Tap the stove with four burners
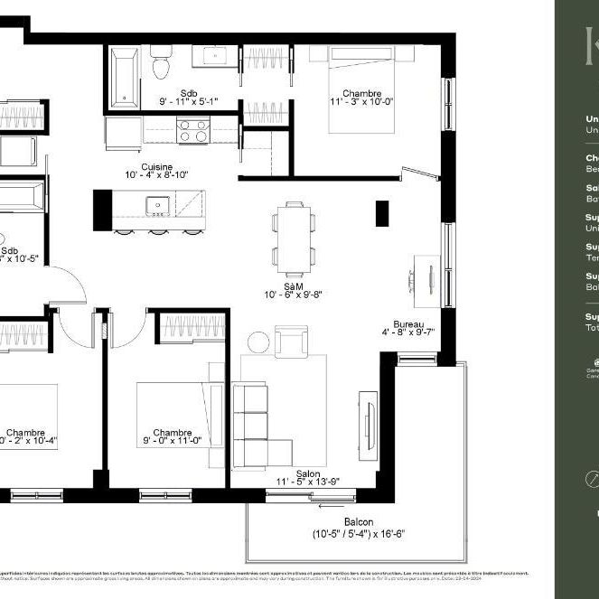point(193,132)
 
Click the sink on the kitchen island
point(159,206)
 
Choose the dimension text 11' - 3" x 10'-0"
point(361,102)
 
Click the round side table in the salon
point(258,342)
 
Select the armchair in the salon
point(292,341)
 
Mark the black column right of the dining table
point(381,213)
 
